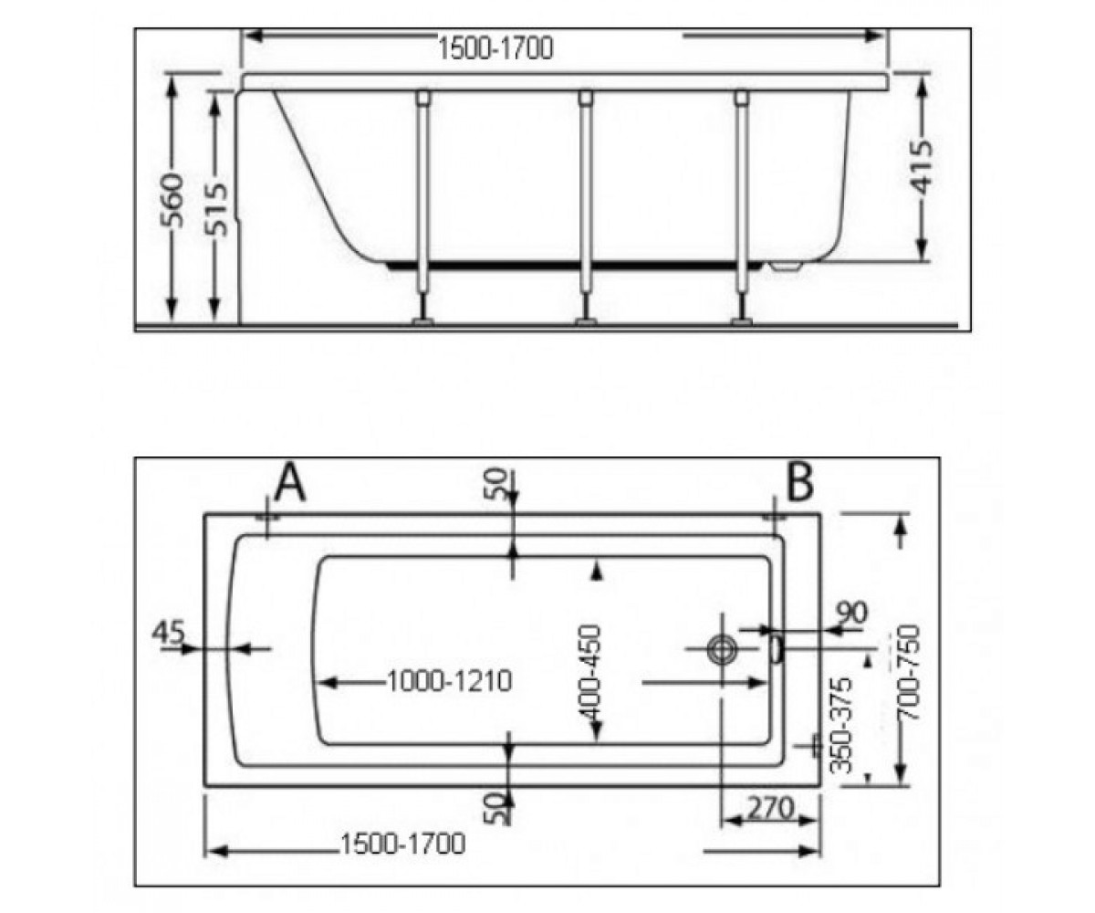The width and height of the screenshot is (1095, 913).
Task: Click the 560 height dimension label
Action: click(172, 201)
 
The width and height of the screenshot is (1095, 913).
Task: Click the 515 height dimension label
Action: click(215, 208)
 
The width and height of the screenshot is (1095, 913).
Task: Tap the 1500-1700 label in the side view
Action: click(495, 49)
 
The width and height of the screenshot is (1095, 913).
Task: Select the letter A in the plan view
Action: click(290, 482)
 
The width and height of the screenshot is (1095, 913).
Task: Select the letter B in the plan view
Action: click(800, 481)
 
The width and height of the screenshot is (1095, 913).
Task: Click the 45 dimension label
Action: click(168, 632)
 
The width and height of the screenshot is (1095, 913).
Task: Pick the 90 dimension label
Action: click(851, 613)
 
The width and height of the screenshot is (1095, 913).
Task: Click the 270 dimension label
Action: click(770, 808)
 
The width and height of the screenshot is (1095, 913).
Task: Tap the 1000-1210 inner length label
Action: click(450, 682)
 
